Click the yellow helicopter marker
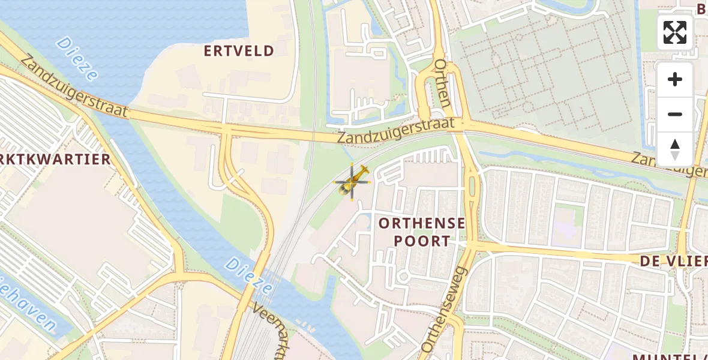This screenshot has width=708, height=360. (353, 181)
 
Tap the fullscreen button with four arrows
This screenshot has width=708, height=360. (675, 32)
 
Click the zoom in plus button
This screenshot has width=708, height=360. (675, 79)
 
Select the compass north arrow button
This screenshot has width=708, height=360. (675, 149)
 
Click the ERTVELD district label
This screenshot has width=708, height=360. (239, 51)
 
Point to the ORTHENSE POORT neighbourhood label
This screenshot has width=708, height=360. (422, 232)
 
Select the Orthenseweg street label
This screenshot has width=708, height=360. (444, 310)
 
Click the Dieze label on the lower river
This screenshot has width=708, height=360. (248, 275)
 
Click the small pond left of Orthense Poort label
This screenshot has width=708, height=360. (362, 224)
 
